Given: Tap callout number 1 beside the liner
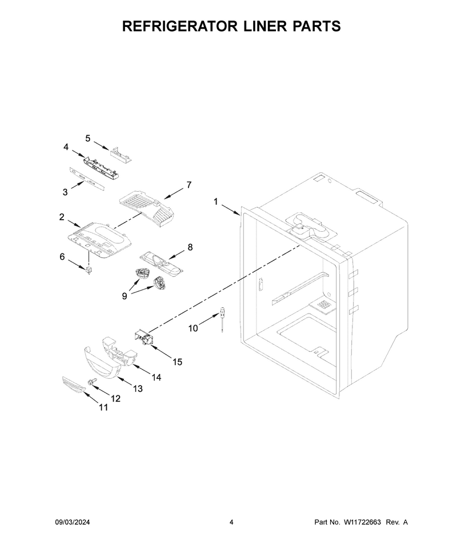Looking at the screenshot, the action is click(x=215, y=202).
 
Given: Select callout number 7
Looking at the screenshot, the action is click(x=189, y=185).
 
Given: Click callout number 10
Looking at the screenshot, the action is click(x=193, y=328).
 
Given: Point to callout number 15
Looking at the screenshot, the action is click(x=178, y=362).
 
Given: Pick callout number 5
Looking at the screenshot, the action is click(x=87, y=138).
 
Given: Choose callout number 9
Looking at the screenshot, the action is click(x=125, y=296).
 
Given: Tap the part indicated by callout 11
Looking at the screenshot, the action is click(x=74, y=384).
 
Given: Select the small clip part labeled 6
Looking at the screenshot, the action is click(x=89, y=271).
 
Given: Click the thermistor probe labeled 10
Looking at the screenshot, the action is click(x=222, y=319).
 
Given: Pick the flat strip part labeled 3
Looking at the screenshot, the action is click(x=87, y=179).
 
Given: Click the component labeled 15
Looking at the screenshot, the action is click(x=144, y=337).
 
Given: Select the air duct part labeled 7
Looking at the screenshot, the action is click(x=147, y=208).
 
